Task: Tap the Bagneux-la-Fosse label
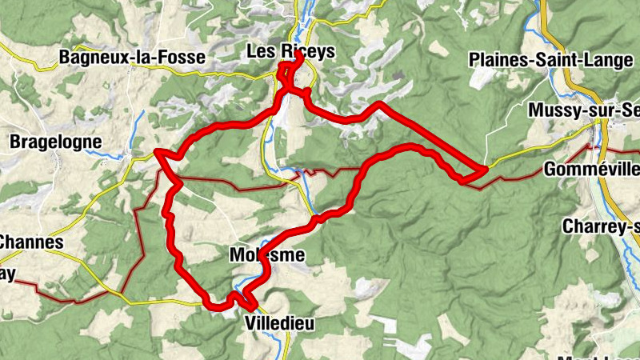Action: pos(132,58)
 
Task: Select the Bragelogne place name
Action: pos(56,142)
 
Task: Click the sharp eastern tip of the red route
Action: pos(485,170)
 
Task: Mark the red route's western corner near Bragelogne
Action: pos(158,151)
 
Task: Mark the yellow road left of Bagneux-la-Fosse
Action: pos(24,50)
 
